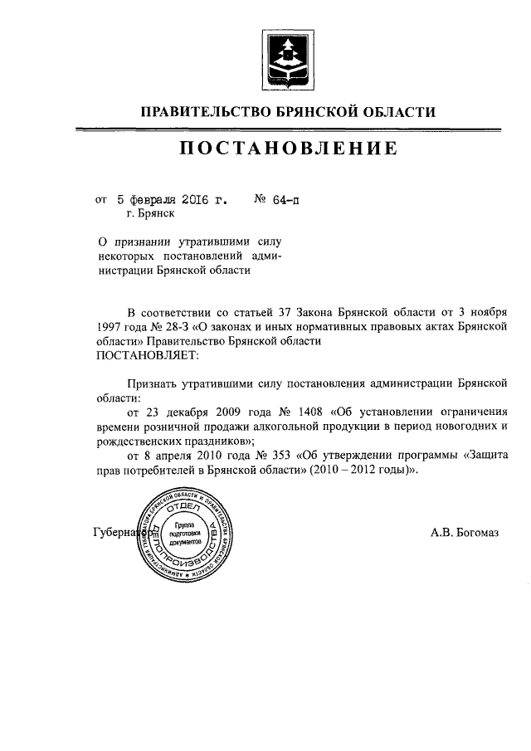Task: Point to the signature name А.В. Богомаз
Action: (x=464, y=533)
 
